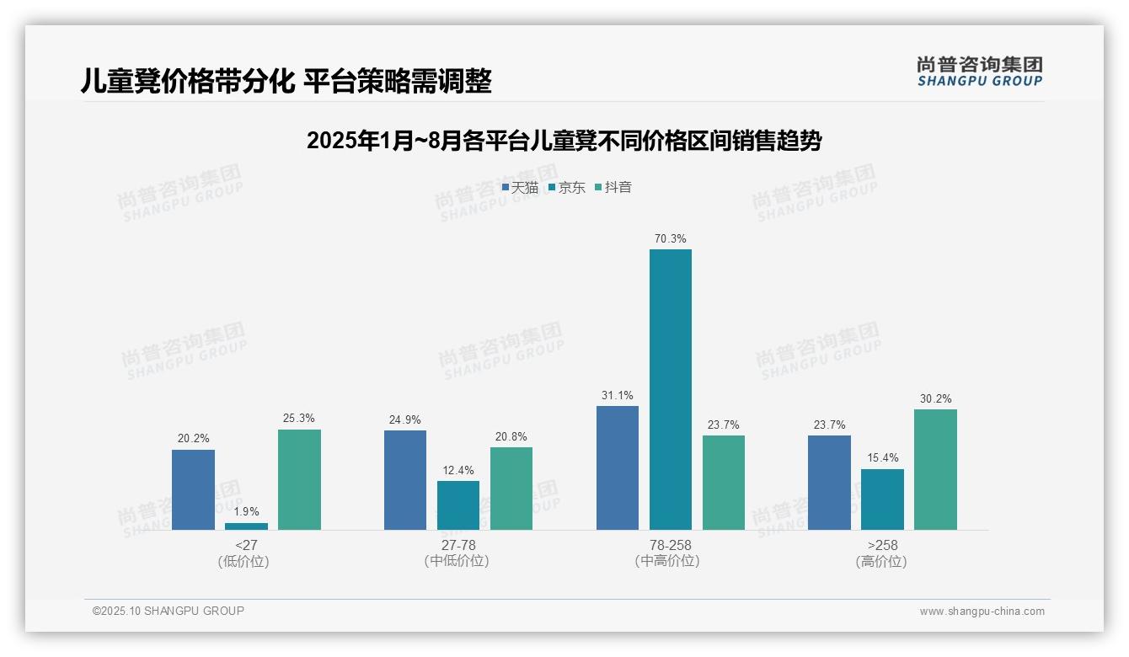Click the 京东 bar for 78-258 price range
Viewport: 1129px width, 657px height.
[670, 389]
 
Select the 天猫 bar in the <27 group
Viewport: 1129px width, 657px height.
[193, 489]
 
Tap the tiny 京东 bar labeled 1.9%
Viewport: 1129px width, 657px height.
[246, 526]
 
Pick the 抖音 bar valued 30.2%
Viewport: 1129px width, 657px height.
[935, 469]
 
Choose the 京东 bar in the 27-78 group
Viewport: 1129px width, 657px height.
[457, 505]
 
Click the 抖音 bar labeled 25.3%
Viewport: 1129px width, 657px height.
[299, 479]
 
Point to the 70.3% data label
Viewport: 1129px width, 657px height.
[670, 239]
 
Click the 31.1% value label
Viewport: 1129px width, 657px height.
[618, 396]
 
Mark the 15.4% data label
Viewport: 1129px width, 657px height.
[882, 458]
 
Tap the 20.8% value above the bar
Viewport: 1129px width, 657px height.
[511, 436]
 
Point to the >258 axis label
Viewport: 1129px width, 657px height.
[882, 546]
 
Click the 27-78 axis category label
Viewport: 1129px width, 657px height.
[457, 546]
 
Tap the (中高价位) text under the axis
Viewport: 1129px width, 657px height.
[670, 561]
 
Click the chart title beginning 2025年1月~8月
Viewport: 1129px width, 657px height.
[564, 141]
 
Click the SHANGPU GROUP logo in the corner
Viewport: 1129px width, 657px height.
[979, 72]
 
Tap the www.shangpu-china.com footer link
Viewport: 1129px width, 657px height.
[982, 612]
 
